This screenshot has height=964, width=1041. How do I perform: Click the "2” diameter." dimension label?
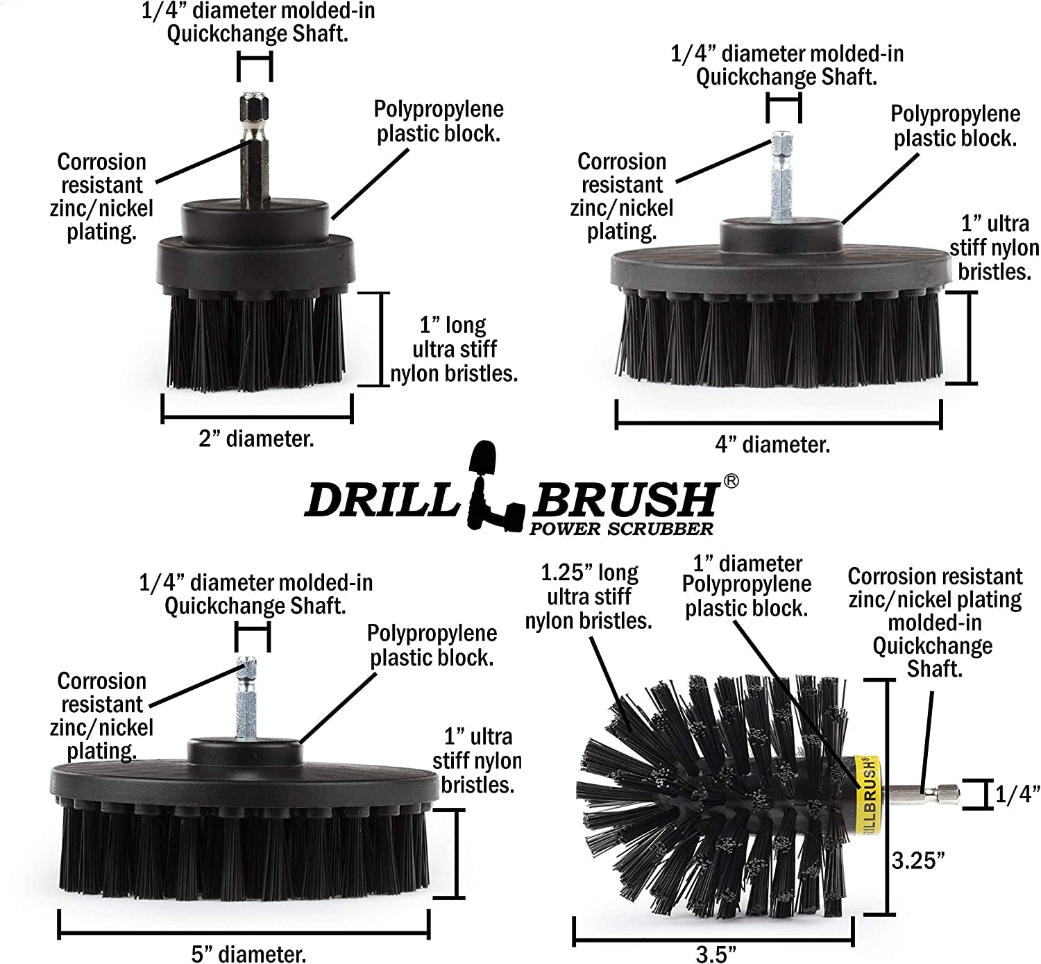pyautogui.click(x=256, y=439)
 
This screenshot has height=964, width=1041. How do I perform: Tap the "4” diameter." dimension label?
pyautogui.click(x=772, y=444)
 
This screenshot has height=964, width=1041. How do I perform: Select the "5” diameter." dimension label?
pyautogui.click(x=248, y=954)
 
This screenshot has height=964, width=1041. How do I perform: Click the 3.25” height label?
pyautogui.click(x=918, y=861)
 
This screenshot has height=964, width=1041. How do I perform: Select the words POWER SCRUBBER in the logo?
pyautogui.click(x=621, y=529)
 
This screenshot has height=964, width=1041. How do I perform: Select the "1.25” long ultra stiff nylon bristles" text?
pyautogui.click(x=589, y=596)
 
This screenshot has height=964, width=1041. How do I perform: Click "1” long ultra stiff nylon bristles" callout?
pyautogui.click(x=454, y=349)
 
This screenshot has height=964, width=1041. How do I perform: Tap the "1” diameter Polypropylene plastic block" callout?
pyautogui.click(x=747, y=586)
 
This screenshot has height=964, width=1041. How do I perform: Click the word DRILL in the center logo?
pyautogui.click(x=380, y=499)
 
